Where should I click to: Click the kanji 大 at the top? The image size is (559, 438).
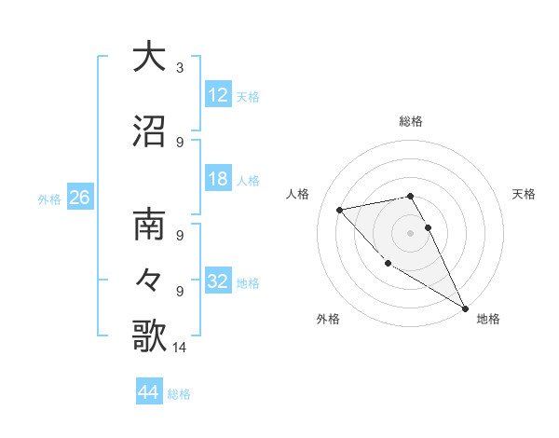click(149, 57)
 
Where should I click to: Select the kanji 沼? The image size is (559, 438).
click(149, 131)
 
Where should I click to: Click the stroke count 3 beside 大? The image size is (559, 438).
click(180, 68)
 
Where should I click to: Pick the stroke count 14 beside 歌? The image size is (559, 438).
click(181, 348)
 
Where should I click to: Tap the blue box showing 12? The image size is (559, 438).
click(218, 96)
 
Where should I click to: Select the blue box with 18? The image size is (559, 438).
click(218, 180)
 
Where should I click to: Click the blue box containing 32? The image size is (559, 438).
click(218, 282)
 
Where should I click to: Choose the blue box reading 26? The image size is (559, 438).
click(79, 198)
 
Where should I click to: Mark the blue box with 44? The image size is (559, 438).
click(149, 392)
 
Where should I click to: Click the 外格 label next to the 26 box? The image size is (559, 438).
click(49, 198)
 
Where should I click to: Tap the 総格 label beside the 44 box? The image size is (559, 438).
click(179, 394)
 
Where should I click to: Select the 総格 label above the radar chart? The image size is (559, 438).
click(411, 121)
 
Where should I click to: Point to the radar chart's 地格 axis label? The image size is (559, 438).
click(488, 319)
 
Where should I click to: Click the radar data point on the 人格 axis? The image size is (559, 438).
click(340, 210)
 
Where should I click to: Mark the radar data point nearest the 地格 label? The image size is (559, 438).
click(466, 308)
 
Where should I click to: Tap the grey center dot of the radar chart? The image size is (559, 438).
click(411, 232)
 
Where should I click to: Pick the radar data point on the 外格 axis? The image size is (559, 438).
click(388, 263)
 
